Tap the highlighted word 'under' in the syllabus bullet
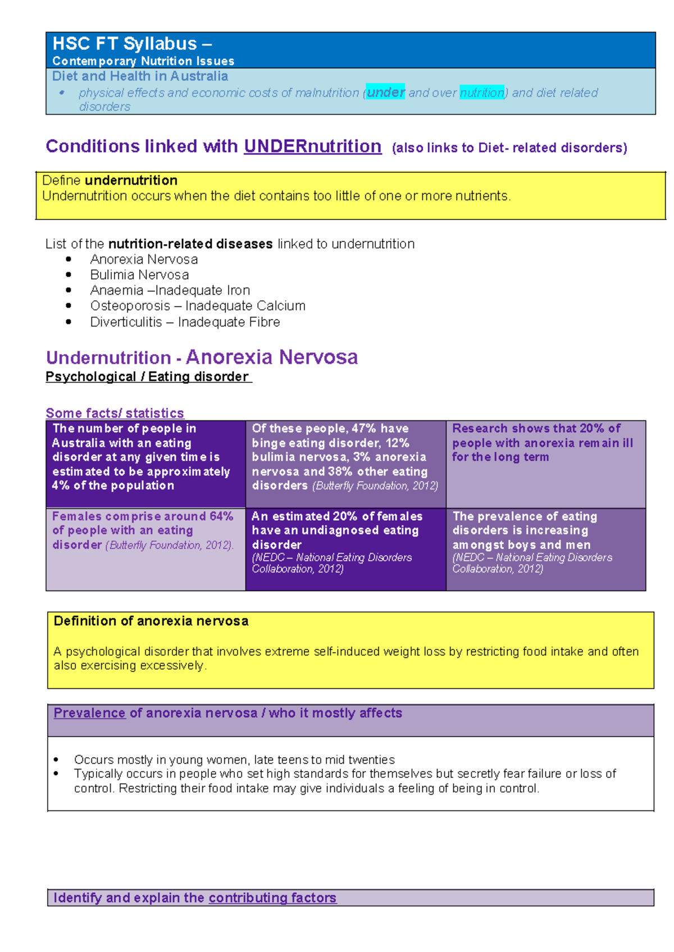(x=386, y=92)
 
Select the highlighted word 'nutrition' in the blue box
(x=482, y=93)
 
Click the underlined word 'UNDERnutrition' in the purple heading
(x=312, y=147)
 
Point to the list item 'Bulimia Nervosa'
(x=139, y=274)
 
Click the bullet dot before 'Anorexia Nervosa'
(x=69, y=259)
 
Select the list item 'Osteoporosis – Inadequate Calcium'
(x=198, y=306)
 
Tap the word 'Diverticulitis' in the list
(x=126, y=322)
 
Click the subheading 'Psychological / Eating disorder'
(x=148, y=377)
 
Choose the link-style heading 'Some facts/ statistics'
(x=115, y=413)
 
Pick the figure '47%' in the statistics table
(x=363, y=428)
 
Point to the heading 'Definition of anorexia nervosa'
(x=151, y=621)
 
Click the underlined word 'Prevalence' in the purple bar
(x=89, y=713)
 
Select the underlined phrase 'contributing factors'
(x=272, y=898)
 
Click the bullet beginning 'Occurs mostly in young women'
(x=234, y=759)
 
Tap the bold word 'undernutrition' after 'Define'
(x=131, y=180)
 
